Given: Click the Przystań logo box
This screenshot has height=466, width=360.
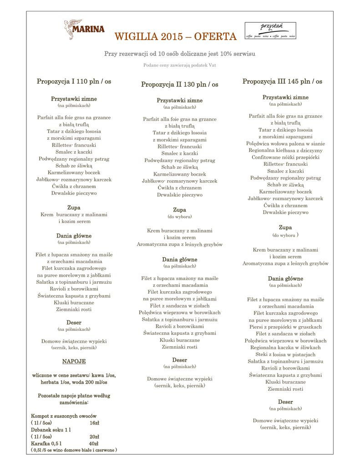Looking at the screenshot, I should tap(270, 30).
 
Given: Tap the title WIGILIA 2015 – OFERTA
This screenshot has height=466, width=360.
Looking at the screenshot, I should tap(175, 36).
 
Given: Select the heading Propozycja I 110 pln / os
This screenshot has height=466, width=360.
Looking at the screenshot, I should tap(74, 81).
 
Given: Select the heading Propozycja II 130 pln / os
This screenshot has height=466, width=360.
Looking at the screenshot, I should tap(179, 84).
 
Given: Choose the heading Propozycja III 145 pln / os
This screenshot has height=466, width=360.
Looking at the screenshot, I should tap(282, 81).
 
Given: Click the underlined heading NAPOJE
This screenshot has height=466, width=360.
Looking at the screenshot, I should tap(74, 361).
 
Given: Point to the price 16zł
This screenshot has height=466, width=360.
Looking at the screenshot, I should tap(94, 423).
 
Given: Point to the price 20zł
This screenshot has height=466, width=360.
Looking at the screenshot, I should tap(94, 436).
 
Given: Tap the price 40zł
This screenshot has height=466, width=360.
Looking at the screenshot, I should tap(94, 443).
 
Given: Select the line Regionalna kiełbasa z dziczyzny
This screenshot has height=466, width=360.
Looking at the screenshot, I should tap(285, 150).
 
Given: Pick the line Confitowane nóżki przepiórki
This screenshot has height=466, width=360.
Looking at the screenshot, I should tap(285, 157).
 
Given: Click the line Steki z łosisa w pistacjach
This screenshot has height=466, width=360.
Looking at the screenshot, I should tap(285, 354).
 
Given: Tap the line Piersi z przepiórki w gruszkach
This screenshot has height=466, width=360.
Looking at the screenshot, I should tap(285, 327).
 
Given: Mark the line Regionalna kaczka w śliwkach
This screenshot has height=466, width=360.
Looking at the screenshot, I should tap(285, 347).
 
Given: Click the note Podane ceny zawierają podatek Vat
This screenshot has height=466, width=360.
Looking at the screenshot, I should tap(179, 65).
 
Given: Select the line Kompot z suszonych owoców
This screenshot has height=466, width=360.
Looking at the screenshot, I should tap(64, 416).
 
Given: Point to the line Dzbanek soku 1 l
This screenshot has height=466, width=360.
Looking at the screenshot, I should tap(51, 430).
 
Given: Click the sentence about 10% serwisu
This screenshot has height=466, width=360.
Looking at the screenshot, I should tap(179, 54).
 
